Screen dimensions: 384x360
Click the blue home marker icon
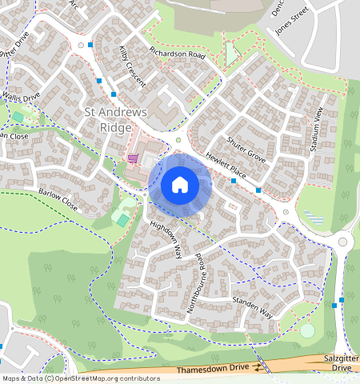pyautogui.click(x=180, y=185)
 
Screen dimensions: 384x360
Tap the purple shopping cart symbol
pyautogui.click(x=132, y=159)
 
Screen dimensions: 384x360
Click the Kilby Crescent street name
pyautogui.click(x=133, y=71)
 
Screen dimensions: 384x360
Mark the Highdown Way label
pyautogui.click(x=166, y=238)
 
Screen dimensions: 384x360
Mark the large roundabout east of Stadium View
pyautogui.click(x=343, y=242)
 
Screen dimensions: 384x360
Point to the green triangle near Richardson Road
pyautogui.click(x=231, y=54)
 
